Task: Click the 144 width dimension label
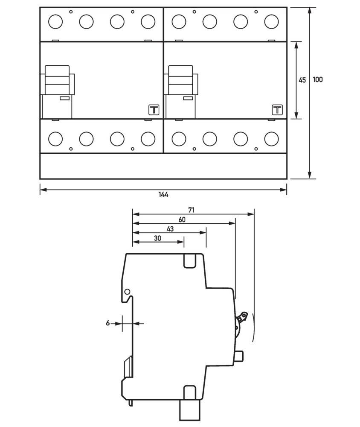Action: tap(163, 195)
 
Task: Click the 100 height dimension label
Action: tap(317, 79)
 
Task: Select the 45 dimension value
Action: tap(302, 80)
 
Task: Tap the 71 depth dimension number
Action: tap(192, 210)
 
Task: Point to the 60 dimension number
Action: tap(182, 219)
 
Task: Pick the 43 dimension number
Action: tap(170, 229)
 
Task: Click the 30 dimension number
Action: tap(157, 239)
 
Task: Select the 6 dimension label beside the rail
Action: tap(108, 324)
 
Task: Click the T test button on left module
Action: tap(153, 110)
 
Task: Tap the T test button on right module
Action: tap(277, 110)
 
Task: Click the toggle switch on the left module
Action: tap(58, 80)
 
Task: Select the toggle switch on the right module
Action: tap(181, 80)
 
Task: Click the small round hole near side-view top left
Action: tap(127, 292)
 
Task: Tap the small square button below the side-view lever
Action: tap(239, 355)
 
